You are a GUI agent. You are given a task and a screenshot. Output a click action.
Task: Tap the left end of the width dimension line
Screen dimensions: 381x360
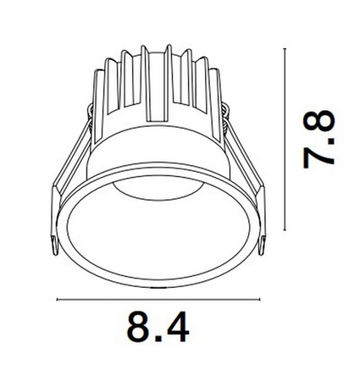pyautogui.click(x=57, y=299)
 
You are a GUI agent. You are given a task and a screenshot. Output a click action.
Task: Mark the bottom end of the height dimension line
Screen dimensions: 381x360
pyautogui.click(x=284, y=229)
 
